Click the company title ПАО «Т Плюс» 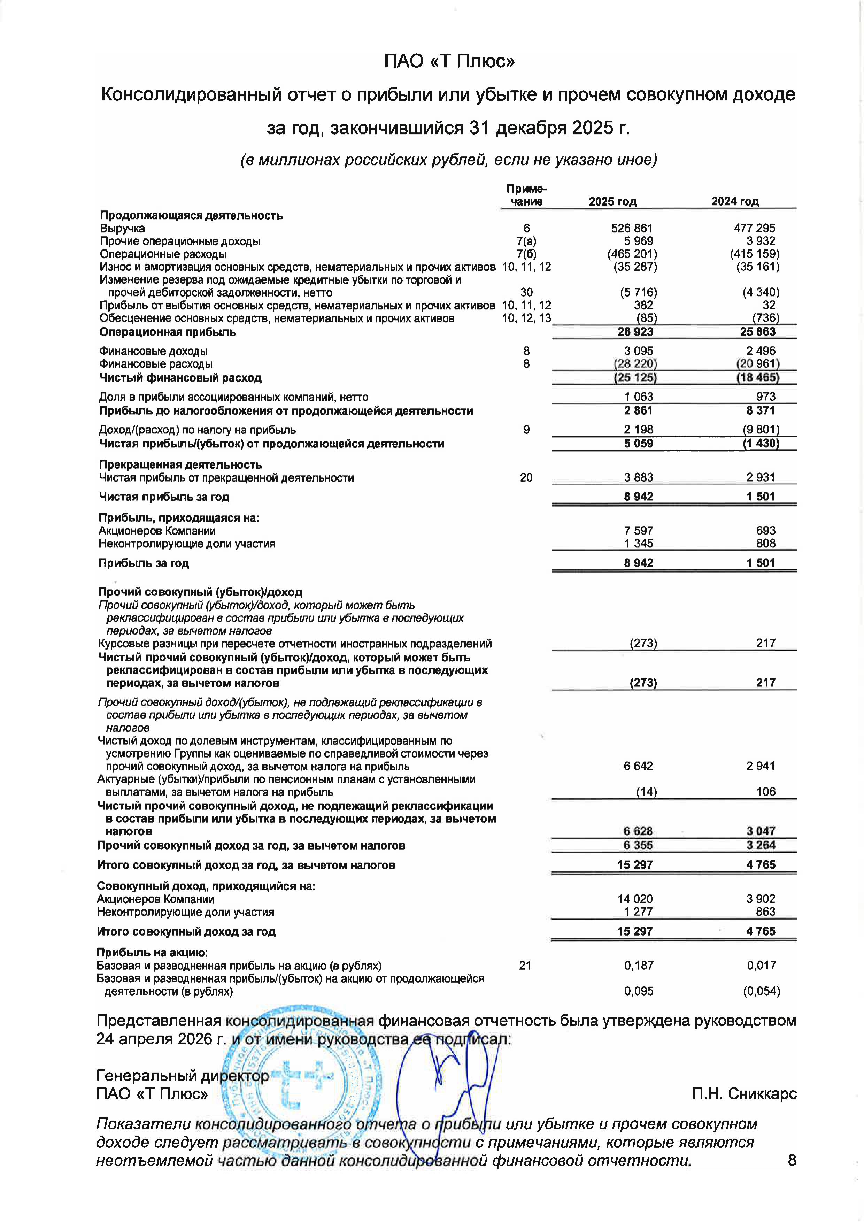[x=449, y=62]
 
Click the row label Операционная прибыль [x=168, y=332]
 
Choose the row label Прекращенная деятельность [x=180, y=464]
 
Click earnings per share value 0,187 [x=639, y=966]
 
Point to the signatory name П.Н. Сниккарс [x=744, y=1094]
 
